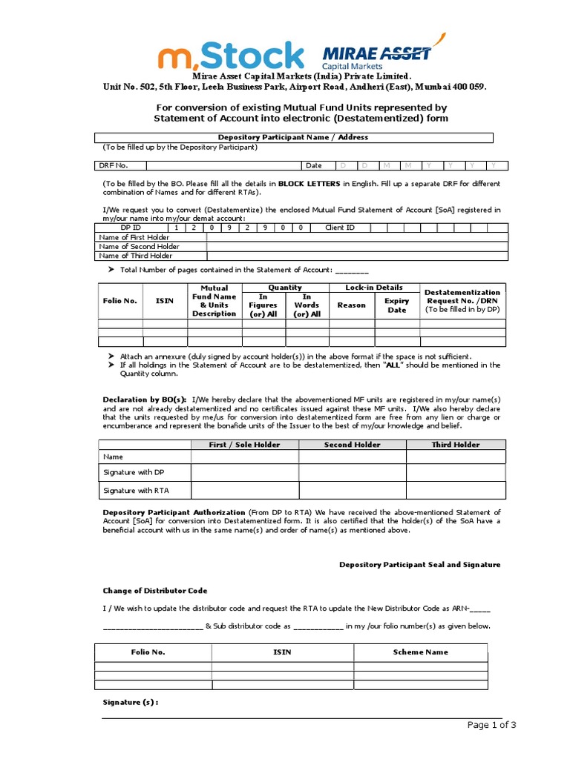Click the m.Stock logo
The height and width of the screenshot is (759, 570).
pyautogui.click(x=231, y=56)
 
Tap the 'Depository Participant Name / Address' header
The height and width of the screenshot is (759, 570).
pyautogui.click(x=292, y=137)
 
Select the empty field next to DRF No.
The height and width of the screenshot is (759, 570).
pyautogui.click(x=223, y=165)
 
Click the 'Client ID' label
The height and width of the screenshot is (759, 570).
pyautogui.click(x=340, y=228)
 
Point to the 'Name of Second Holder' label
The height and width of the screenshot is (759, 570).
pyautogui.click(x=139, y=246)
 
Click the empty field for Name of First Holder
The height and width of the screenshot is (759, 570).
pyautogui.click(x=356, y=237)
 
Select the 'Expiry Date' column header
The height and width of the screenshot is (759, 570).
pyautogui.click(x=397, y=305)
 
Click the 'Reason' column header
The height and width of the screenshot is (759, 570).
pyautogui.click(x=351, y=305)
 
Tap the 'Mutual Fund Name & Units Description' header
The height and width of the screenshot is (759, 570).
pyautogui.click(x=214, y=301)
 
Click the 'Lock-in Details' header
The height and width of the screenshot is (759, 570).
pyautogui.click(x=374, y=287)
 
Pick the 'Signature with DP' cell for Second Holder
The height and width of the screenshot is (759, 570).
pyautogui.click(x=352, y=473)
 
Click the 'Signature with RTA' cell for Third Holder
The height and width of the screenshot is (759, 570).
pyautogui.click(x=456, y=491)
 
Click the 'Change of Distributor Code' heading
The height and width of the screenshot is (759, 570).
pyautogui.click(x=154, y=591)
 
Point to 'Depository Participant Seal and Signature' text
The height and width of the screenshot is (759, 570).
pyautogui.click(x=419, y=565)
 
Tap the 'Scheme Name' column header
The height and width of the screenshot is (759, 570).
pyautogui.click(x=420, y=652)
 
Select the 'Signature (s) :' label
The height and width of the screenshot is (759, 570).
pyautogui.click(x=130, y=702)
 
